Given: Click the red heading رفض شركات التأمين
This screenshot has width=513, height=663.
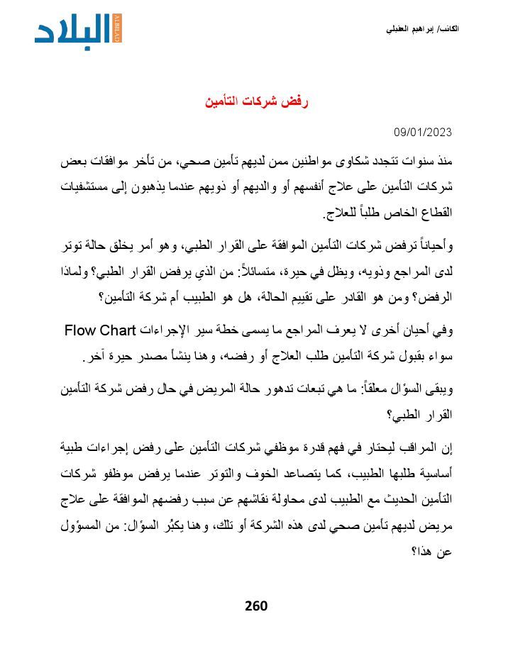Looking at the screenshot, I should tap(257, 102).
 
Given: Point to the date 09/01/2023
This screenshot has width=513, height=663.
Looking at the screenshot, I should tap(423, 133).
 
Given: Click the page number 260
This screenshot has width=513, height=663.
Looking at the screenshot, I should tap(256, 606).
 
